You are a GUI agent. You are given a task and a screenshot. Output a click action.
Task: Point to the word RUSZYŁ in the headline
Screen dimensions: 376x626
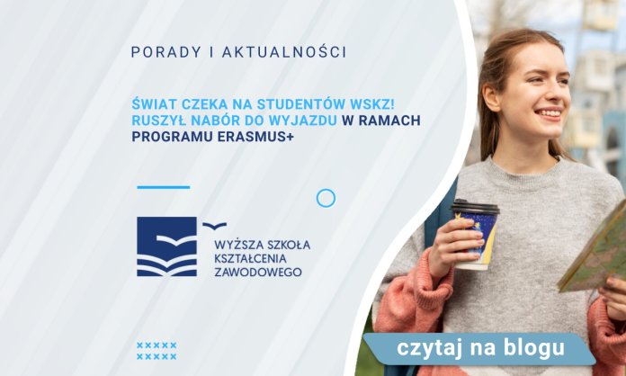pos(161,121)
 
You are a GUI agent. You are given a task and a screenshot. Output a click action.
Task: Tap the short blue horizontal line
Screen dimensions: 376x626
pos(163,187)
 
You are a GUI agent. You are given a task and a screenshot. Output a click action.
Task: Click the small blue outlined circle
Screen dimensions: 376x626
pos(326,198)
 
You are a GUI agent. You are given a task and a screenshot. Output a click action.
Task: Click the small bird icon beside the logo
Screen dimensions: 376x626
pos(214,226)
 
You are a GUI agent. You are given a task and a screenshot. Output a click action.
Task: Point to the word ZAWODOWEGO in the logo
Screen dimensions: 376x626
pos(253,270)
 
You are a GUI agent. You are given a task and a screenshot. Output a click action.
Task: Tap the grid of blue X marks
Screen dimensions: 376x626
pos(156,351)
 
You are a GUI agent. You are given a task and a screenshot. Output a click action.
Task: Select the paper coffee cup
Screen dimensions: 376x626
pos(475,235)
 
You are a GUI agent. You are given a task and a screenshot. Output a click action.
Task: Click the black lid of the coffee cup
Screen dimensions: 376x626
pos(475,207)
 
